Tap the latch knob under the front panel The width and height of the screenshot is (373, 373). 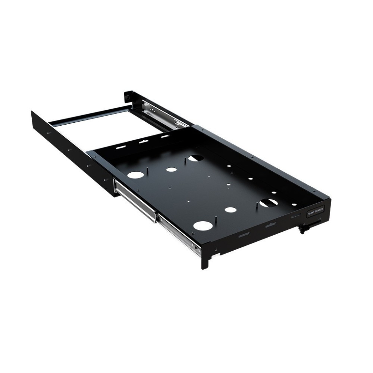pos(303,229)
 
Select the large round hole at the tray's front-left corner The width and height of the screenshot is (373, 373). pos(203,225)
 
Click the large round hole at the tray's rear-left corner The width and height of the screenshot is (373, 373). pos(135,175)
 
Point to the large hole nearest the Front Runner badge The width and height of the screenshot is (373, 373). pos(269,203)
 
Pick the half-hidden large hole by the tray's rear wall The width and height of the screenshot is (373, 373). pos(196,158)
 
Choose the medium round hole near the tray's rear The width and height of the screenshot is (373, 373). pos(172,169)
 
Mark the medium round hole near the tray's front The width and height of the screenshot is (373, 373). pos(231,210)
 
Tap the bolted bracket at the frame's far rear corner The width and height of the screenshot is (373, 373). pos(128,96)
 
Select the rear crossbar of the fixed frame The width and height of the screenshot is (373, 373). pos(90,116)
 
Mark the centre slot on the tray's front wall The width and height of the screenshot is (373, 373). pos(270,225)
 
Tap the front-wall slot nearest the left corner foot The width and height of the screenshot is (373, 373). pos(244,235)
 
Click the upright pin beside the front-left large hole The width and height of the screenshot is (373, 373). pos(216,218)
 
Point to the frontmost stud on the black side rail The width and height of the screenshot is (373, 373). pos(106,179)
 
